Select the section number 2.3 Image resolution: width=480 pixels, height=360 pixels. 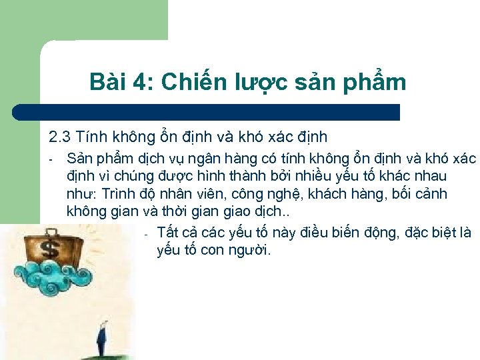60,137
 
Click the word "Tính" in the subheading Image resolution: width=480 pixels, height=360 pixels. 91,137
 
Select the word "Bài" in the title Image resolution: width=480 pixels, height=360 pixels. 106,82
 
